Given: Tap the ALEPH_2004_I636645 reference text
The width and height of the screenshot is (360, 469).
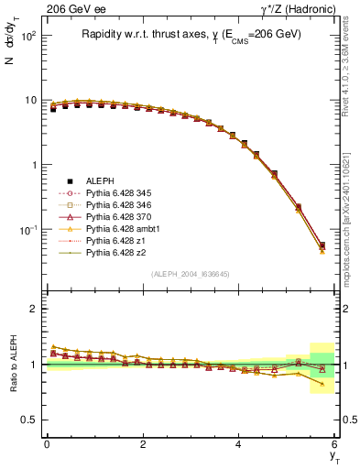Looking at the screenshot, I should coord(191,274).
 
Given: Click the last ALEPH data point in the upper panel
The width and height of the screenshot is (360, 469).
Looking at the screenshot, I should coord(322,245).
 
